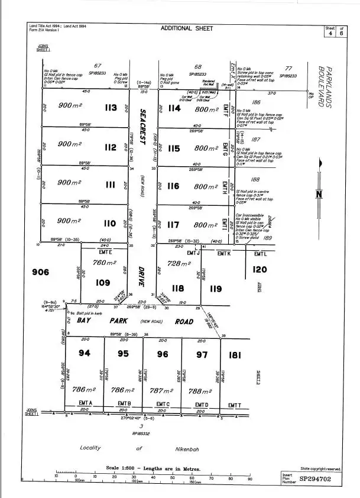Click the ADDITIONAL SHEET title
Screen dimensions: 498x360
(x=186, y=28)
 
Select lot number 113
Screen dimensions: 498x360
(x=110, y=108)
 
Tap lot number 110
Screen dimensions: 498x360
(x=110, y=224)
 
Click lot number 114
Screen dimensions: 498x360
(x=173, y=108)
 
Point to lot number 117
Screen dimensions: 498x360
(x=173, y=225)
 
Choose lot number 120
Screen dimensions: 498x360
(x=260, y=270)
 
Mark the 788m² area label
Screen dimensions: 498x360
(x=200, y=392)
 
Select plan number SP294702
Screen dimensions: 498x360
(x=320, y=480)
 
